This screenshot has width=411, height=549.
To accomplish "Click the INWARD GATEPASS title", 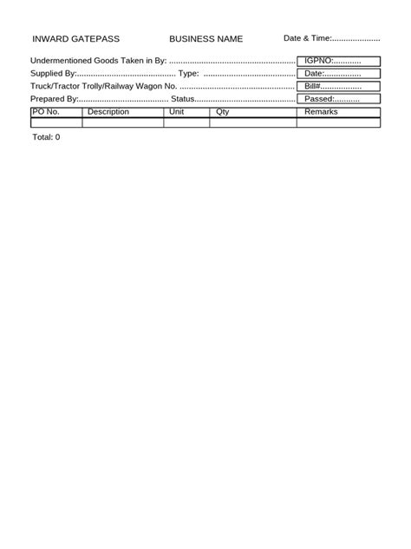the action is (x=75, y=39).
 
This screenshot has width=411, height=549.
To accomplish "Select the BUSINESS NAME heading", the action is (x=205, y=39).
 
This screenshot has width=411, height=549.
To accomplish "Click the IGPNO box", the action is (x=339, y=61).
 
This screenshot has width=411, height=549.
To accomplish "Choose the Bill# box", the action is (x=339, y=87).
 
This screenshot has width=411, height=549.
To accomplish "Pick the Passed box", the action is (x=339, y=100).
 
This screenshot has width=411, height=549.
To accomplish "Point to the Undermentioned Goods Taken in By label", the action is (x=98, y=61).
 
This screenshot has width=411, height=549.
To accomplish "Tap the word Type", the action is (x=188, y=74).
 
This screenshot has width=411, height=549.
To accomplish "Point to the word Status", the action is (x=182, y=100).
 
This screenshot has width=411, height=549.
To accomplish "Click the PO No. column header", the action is (x=45, y=112).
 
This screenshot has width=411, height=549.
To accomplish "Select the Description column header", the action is (x=108, y=112).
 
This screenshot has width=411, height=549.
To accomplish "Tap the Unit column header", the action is (x=177, y=112).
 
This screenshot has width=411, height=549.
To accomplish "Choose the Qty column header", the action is (x=223, y=112).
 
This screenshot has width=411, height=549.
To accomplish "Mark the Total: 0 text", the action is (x=46, y=137).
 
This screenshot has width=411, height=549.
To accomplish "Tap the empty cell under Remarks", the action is (x=339, y=122).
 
